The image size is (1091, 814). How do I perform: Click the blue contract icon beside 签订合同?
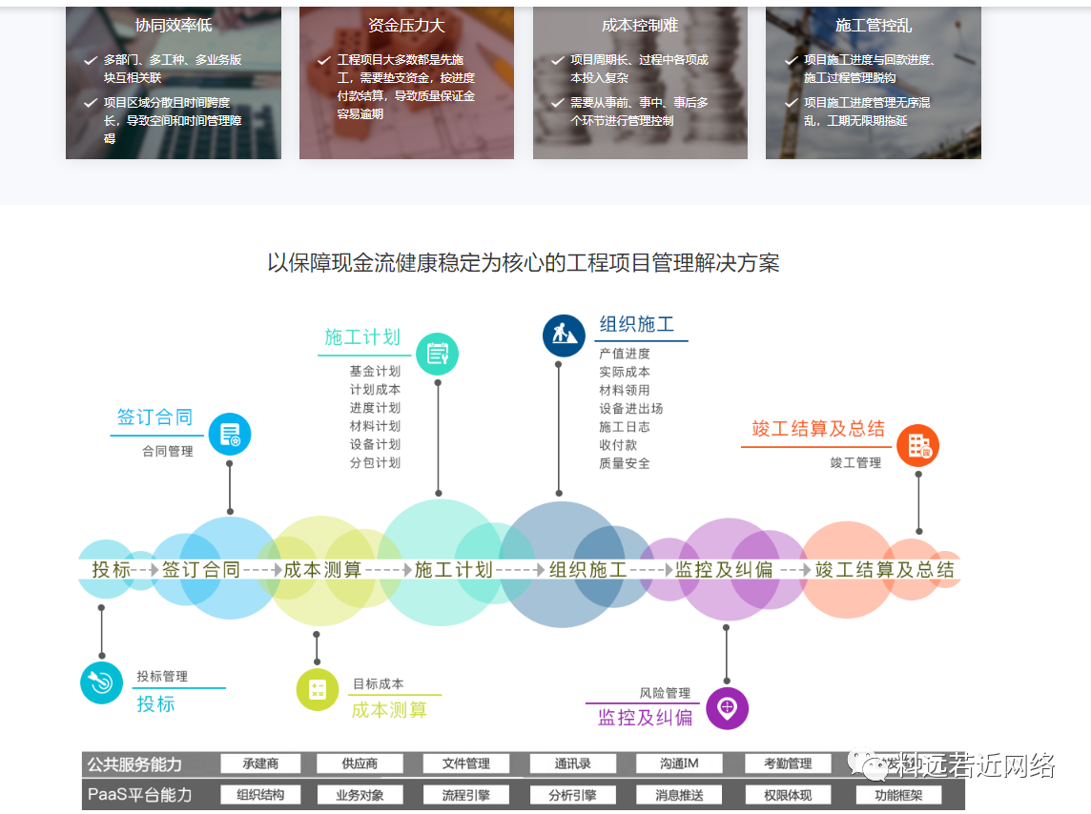point(230,435)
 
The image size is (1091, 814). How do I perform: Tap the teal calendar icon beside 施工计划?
point(438,354)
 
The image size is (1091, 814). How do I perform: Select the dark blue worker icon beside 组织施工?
point(564,336)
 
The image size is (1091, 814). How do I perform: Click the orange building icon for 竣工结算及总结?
point(918,445)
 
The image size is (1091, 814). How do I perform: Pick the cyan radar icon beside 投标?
point(102,682)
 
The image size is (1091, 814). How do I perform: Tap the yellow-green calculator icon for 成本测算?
point(318,689)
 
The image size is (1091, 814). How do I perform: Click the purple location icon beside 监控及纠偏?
point(727,708)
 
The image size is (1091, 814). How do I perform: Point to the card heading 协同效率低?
point(174,26)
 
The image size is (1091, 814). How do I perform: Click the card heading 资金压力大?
point(406,26)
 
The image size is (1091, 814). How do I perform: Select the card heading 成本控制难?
point(640,26)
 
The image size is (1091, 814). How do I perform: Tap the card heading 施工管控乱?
point(874,26)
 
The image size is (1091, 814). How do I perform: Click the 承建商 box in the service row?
point(260,763)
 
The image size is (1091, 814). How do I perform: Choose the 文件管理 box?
point(466,763)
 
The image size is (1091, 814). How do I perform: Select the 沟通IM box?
point(680,763)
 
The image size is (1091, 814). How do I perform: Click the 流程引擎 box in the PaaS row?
point(466,795)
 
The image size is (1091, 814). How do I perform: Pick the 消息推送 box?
point(680,795)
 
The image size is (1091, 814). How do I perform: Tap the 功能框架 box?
point(898,795)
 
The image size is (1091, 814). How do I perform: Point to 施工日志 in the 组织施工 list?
point(625,427)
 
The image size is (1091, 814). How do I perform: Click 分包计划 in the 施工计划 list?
point(375,463)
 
